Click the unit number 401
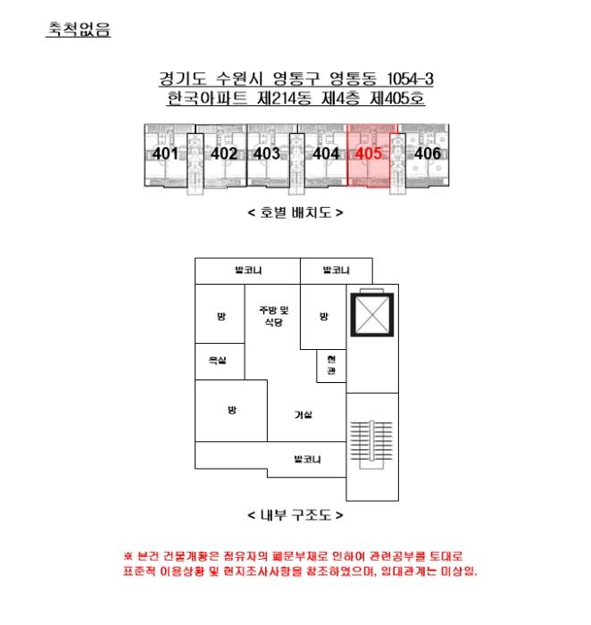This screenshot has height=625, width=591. (x=165, y=154)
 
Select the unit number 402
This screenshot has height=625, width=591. (x=224, y=154)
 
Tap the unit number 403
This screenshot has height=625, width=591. (x=267, y=154)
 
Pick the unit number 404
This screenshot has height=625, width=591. (x=326, y=154)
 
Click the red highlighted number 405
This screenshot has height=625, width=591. (x=369, y=154)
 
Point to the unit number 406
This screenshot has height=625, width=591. (x=428, y=154)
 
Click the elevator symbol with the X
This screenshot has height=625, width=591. (x=371, y=315)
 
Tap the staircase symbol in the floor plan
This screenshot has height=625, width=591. (x=371, y=445)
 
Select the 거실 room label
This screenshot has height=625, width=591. (x=304, y=415)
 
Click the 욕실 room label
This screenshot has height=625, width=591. (x=217, y=361)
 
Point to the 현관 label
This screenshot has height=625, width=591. (x=331, y=365)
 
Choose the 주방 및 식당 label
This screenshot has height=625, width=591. (x=274, y=316)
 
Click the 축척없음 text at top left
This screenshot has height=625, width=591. (x=79, y=29)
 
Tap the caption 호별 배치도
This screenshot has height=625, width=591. (x=295, y=212)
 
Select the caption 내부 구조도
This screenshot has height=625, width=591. (x=295, y=515)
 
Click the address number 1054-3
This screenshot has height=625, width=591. (x=410, y=79)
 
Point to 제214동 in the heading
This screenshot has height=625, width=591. (x=284, y=98)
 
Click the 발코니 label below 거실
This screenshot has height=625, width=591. (x=307, y=459)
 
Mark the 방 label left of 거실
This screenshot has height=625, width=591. (x=232, y=410)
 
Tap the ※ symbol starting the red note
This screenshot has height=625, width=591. (x=128, y=555)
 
